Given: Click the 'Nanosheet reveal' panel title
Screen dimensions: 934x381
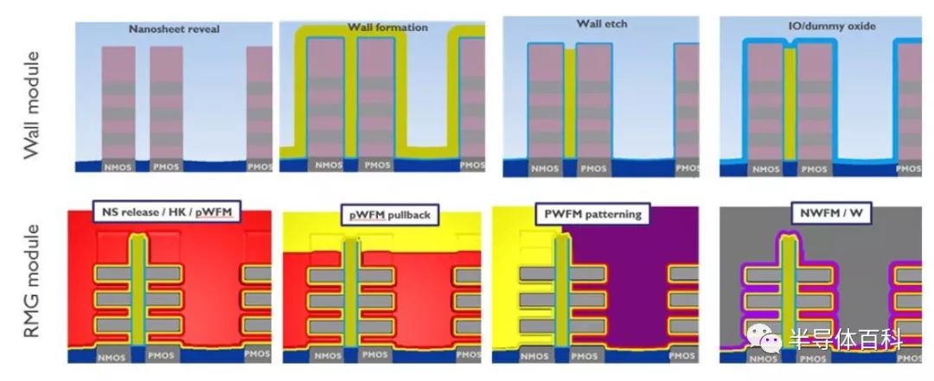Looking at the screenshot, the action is coord(174,29).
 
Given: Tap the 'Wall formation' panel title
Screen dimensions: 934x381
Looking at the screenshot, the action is coord(387,28).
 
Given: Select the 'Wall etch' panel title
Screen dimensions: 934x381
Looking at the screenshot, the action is coord(602,24).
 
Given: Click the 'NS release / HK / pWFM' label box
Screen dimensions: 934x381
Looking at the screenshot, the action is coord(166,212).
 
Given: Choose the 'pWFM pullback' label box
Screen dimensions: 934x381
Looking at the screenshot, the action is coord(389,215).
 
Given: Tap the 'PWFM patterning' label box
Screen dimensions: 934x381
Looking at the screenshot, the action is coord(592,213).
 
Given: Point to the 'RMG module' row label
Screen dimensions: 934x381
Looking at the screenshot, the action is coord(31,281).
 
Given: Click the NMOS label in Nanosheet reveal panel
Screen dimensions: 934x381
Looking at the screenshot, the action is coord(118,168).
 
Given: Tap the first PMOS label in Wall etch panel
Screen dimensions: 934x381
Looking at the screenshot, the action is coord(594,168).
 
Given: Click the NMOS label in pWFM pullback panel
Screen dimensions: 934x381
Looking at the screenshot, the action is coord(328,356).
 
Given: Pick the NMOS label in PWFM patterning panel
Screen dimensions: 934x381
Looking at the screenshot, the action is coord(534,356).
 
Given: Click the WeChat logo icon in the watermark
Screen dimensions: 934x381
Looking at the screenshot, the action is coord(764,338).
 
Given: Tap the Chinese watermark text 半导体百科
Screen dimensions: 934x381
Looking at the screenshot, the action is coord(845,338).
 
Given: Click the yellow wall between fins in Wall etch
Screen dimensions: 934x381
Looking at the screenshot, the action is coord(569,105).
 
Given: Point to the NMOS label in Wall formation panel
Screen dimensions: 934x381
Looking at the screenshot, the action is coord(329,166).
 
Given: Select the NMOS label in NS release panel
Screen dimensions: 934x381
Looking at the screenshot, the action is coord(112,357).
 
